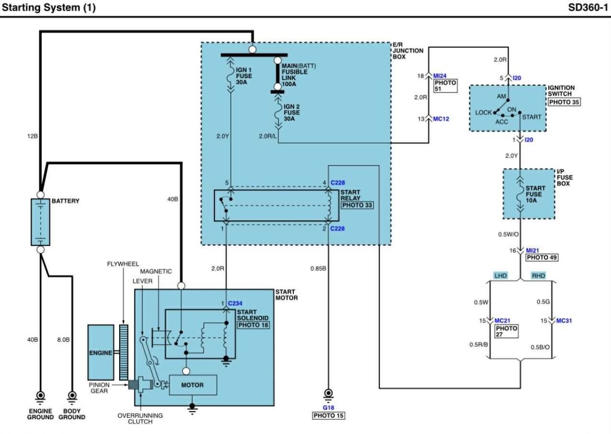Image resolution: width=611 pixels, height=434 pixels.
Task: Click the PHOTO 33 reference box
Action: click(357, 205)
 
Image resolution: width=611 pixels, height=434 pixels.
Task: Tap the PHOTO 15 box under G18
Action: click(328, 416)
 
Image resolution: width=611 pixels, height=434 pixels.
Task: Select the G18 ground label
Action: click(328, 408)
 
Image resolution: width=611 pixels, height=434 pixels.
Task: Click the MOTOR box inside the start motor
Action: click(193, 385)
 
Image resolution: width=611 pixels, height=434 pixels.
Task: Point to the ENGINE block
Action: click(101, 352)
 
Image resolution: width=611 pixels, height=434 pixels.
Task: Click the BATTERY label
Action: click(66, 201)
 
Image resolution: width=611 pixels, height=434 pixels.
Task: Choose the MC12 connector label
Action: click(441, 119)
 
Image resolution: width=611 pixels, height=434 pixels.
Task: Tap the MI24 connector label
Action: click(440, 75)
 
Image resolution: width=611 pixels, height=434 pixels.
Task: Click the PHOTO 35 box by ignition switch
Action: click(564, 102)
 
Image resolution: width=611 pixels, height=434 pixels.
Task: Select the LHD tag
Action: click(501, 276)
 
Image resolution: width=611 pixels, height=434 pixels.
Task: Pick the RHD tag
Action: click(538, 276)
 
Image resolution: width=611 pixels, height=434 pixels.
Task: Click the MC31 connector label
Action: click(564, 321)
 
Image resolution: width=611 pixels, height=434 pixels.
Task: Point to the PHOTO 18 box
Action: click(253, 325)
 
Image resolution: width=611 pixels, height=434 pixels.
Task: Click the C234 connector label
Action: click(235, 303)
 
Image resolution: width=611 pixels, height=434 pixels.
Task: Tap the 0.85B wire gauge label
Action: click(318, 268)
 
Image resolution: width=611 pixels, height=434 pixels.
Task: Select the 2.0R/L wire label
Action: click(268, 136)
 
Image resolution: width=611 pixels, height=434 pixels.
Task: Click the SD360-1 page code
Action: click(588, 7)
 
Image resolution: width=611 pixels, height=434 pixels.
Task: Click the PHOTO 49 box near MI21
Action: click(542, 257)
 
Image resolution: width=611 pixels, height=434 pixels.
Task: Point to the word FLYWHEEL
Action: click(123, 264)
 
